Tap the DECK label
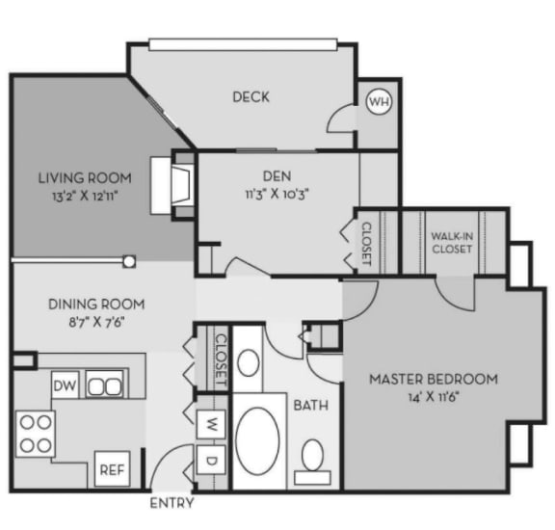pyautogui.click(x=251, y=97)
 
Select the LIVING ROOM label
pyautogui.click(x=84, y=177)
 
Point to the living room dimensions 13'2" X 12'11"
pyautogui.click(x=84, y=195)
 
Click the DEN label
pyautogui.click(x=275, y=175)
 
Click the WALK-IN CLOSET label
pyautogui.click(x=451, y=242)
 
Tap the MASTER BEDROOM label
pyautogui.click(x=433, y=379)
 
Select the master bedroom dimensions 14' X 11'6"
pyautogui.click(x=433, y=396)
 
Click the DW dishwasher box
pyautogui.click(x=65, y=386)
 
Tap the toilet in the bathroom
pyautogui.click(x=312, y=457)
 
